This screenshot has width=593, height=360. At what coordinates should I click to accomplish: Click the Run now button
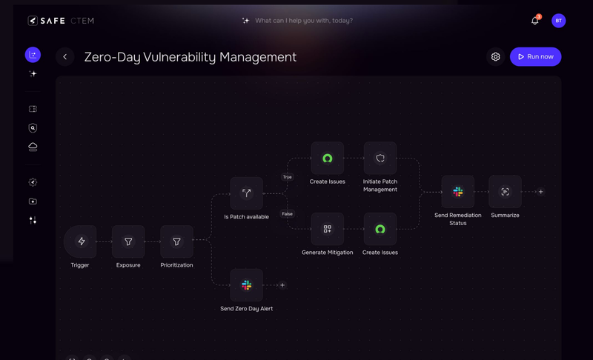535,57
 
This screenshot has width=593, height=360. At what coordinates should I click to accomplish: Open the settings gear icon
495,57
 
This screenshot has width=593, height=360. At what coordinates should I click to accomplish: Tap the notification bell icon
534,21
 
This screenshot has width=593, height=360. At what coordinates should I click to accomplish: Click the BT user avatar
559,21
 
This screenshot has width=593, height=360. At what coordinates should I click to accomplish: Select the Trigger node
81,241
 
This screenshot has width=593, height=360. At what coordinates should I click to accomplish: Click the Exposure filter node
128,241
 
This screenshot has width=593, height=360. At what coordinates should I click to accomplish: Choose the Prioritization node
176,241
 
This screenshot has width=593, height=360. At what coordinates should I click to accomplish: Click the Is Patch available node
246,193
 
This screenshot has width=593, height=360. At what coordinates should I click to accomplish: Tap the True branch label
287,177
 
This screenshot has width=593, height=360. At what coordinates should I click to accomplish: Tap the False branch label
287,214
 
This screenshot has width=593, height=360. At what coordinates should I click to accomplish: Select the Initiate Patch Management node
380,159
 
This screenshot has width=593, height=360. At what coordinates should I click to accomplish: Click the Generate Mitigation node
327,229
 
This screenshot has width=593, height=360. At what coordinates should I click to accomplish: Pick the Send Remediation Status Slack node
457,192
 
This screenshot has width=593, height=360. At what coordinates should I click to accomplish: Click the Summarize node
505,192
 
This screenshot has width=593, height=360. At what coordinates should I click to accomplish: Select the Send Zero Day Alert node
246,285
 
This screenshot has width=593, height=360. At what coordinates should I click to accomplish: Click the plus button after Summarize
541,192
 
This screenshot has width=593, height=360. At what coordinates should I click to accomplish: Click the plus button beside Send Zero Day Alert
282,285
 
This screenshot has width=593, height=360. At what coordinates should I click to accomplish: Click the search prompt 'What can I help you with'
303,21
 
